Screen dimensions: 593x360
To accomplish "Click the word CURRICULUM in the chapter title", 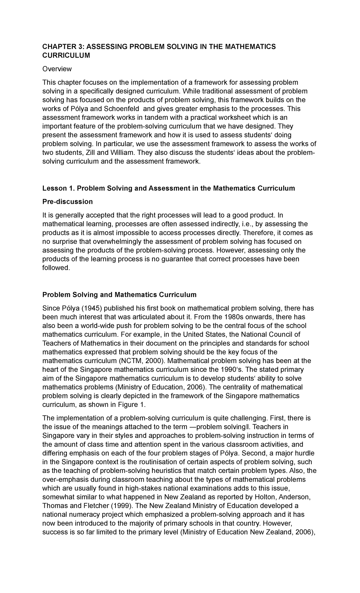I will click(66, 56).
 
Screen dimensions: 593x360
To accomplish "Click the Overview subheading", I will click(57, 69).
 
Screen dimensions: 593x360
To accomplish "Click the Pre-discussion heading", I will click(67, 202).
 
